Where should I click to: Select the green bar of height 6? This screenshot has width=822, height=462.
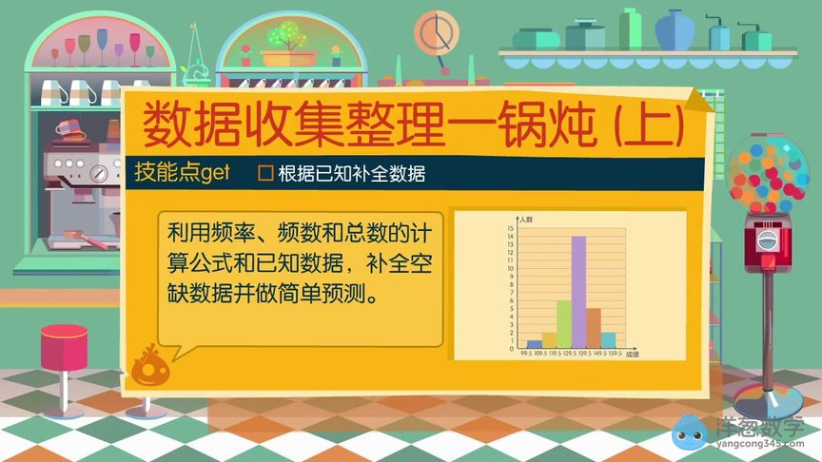(564, 324)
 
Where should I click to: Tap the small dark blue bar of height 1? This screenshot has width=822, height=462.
(535, 344)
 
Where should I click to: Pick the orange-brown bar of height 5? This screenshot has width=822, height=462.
(594, 328)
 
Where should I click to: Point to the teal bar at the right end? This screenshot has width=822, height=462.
(608, 339)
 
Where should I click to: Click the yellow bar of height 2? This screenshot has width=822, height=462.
(549, 340)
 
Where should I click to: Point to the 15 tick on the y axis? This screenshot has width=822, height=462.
(511, 228)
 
